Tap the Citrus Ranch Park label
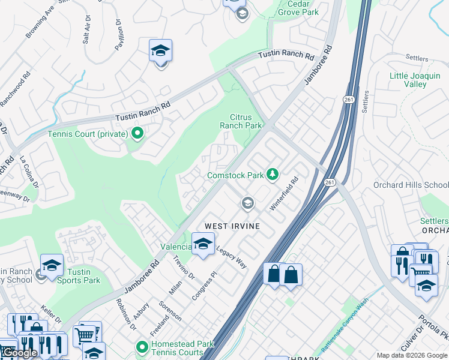click(241, 121)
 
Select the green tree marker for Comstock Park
click(273, 175)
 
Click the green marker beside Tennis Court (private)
click(137, 133)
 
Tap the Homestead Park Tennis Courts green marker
click(142, 347)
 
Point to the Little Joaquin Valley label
click(416, 80)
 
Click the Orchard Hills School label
click(411, 185)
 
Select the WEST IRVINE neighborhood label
click(232, 226)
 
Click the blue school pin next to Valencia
click(203, 244)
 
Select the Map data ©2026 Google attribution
click(411, 355)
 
